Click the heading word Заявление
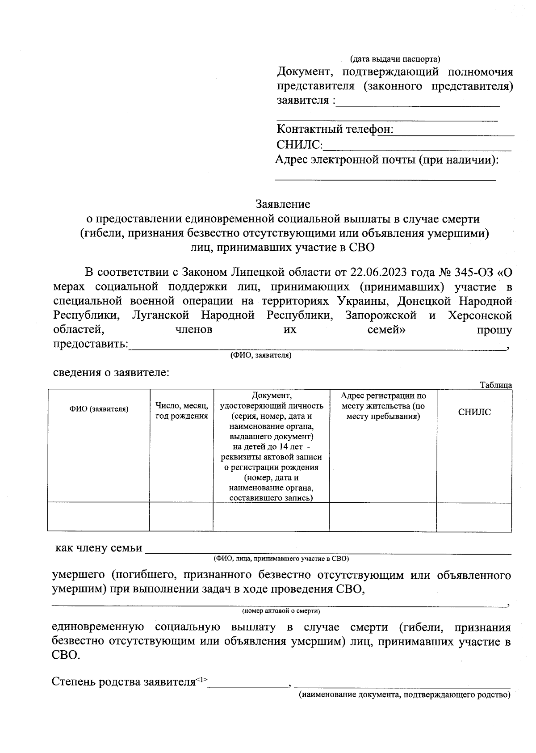pyautogui.click(x=283, y=204)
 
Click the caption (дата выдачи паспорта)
pyautogui.click(x=395, y=59)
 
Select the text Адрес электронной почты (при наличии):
pyautogui.click(x=387, y=160)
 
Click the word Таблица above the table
pyautogui.click(x=495, y=385)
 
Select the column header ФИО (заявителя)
pyautogui.click(x=99, y=409)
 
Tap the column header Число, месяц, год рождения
pyautogui.click(x=181, y=411)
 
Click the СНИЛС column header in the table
pyautogui.click(x=474, y=412)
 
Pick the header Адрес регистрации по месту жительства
pyautogui.click(x=383, y=406)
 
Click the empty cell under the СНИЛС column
pyautogui.click(x=474, y=517)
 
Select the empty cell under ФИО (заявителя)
pyautogui.click(x=99, y=517)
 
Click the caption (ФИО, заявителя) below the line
pyautogui.click(x=261, y=356)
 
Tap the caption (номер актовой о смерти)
pyautogui.click(x=281, y=611)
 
